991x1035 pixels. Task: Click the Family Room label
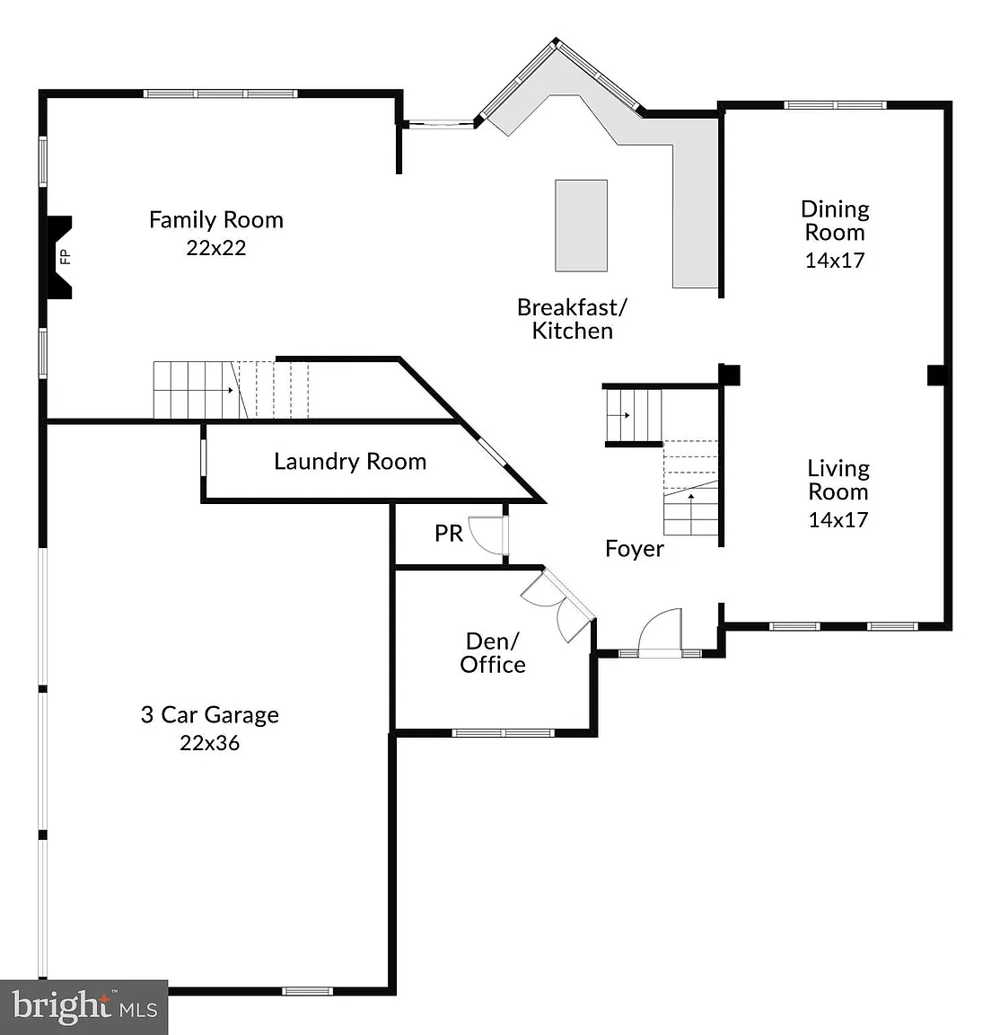pos(216,220)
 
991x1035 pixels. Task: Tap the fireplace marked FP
pos(59,257)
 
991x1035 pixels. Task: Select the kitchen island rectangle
pos(581,226)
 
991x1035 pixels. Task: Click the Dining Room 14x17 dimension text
pos(835,260)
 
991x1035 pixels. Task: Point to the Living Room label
pos(838,480)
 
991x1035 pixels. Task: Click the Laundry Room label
pos(350,462)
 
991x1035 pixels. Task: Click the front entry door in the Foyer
pos(660,632)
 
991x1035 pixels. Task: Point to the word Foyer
pos(635,549)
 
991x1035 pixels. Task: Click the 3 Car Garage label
pos(210,715)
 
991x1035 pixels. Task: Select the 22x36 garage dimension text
pos(210,743)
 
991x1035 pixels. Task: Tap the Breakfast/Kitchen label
pos(573,319)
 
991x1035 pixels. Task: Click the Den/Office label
pos(493,653)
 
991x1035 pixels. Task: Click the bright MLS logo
pos(84,1006)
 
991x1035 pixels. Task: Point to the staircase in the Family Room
pos(231,390)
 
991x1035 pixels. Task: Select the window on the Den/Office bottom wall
pos(503,733)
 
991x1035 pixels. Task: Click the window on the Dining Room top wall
pos(835,105)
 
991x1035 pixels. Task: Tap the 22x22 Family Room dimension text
pos(216,248)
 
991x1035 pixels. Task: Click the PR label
pos(449,534)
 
